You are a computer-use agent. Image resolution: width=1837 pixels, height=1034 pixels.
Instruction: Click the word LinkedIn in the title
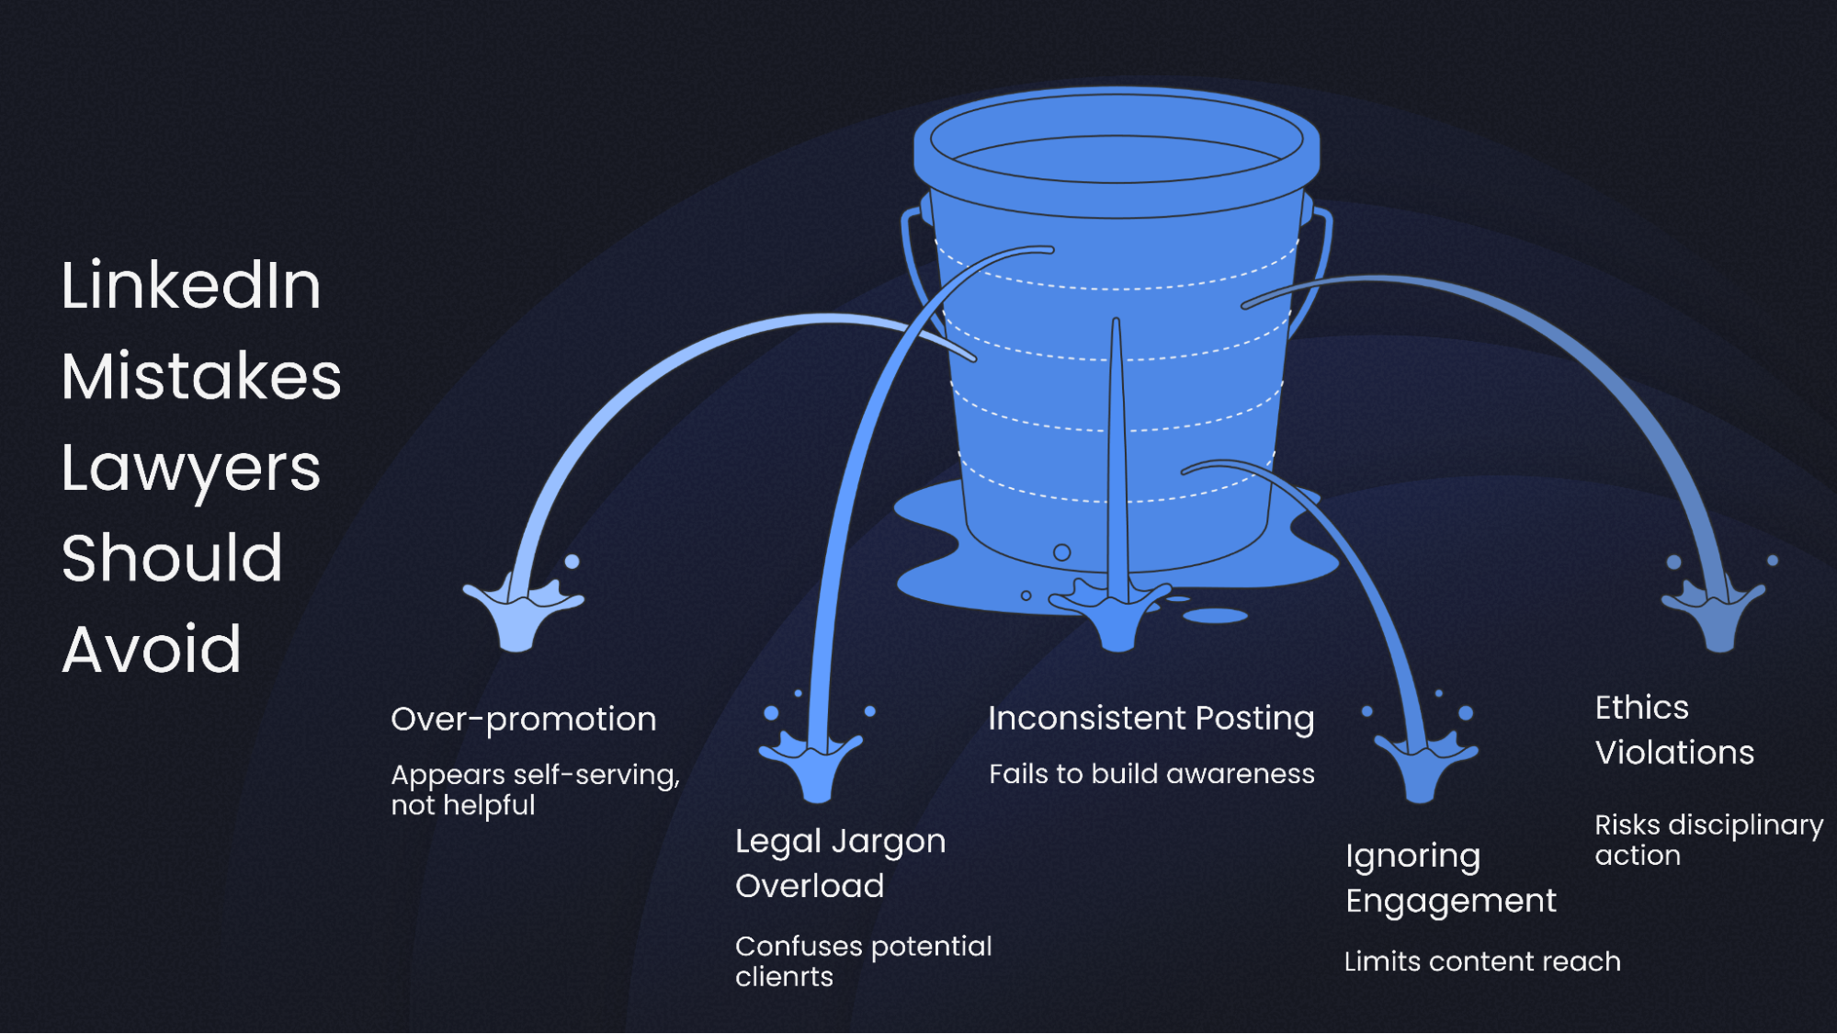tap(191, 285)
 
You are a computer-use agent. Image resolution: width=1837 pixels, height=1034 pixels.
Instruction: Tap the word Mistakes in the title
tap(201, 377)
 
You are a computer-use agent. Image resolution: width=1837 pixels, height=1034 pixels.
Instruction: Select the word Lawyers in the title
tap(191, 469)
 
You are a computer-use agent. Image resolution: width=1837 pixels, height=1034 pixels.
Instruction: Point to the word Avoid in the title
tap(152, 649)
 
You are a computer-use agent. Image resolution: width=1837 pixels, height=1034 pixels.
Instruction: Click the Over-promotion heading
tap(524, 719)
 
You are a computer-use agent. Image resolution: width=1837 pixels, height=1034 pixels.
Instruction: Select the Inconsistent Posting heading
tap(1151, 718)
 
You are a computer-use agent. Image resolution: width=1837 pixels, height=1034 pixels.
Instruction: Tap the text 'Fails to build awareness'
tap(1151, 774)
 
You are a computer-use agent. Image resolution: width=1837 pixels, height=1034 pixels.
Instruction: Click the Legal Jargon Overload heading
tap(840, 863)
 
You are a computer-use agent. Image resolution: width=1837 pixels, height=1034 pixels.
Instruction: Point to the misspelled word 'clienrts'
tap(784, 977)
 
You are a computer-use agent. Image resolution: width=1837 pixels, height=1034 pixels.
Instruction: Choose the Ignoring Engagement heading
tap(1450, 878)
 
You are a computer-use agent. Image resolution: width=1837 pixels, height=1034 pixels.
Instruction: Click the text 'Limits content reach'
tap(1482, 961)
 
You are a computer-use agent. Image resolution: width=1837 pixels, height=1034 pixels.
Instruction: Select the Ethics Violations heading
tap(1674, 730)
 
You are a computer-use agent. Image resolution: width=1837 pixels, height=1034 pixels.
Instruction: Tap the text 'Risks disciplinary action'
tap(1708, 839)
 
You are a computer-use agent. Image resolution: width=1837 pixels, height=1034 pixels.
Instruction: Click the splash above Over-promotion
tap(520, 613)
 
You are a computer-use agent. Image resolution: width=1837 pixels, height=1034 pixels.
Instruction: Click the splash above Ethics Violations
tap(1715, 612)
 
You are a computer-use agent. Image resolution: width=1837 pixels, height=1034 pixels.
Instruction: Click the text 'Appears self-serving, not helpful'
tap(535, 790)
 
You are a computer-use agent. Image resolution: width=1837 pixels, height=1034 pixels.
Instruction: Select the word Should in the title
tap(172, 558)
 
